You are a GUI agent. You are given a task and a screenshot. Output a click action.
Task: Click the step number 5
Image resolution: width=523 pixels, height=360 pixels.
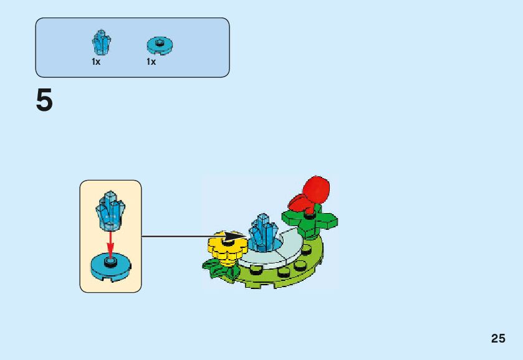(44, 101)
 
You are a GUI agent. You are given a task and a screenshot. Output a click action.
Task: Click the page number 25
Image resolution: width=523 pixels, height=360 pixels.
(497, 339)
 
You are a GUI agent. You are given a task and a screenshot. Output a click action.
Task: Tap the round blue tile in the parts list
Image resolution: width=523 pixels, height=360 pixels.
(160, 45)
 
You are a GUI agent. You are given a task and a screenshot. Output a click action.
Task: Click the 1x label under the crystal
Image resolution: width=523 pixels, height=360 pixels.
(96, 62)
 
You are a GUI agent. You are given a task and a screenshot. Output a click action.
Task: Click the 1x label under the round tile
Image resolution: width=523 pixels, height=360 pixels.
(151, 62)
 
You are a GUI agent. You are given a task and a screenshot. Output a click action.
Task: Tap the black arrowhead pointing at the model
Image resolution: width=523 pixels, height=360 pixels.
(236, 237)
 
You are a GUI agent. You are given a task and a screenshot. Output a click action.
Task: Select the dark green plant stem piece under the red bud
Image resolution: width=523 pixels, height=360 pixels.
(310, 220)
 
